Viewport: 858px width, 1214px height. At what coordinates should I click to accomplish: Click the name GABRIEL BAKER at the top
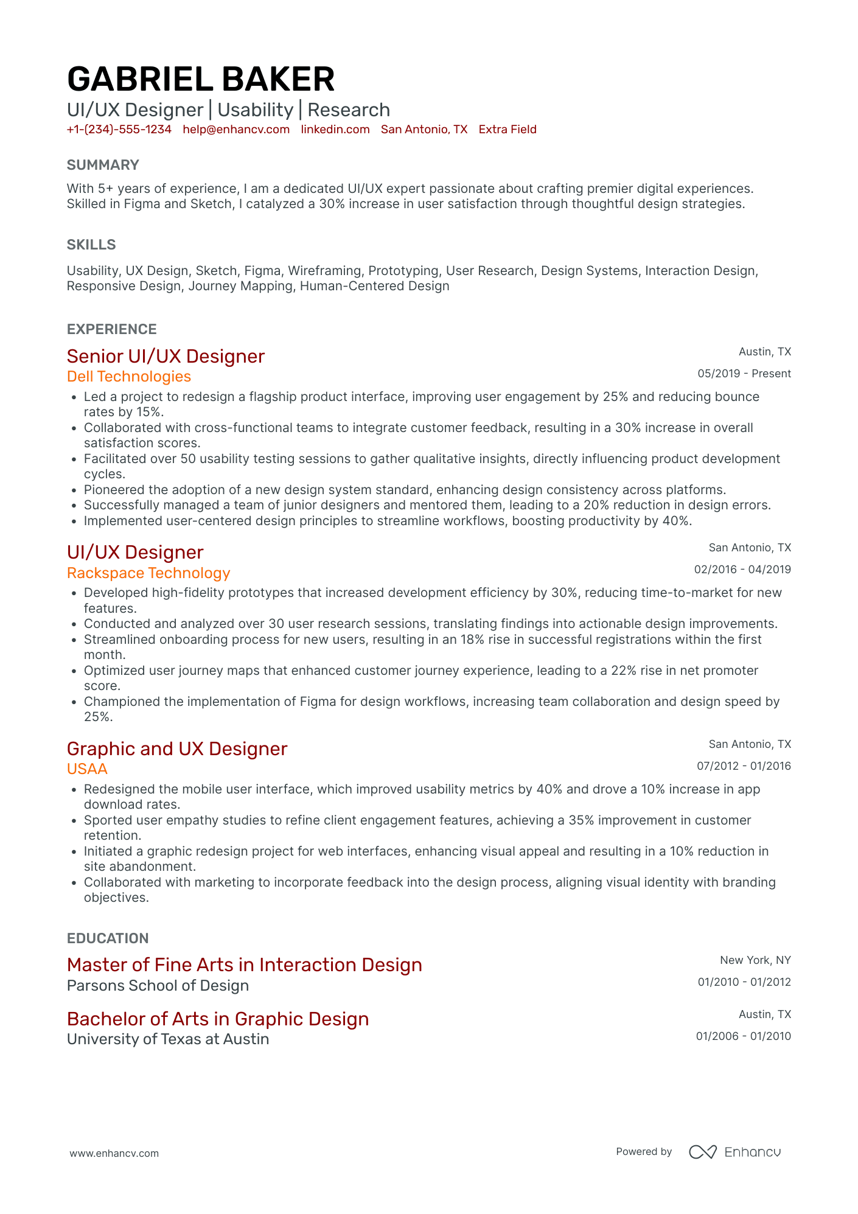[x=201, y=79]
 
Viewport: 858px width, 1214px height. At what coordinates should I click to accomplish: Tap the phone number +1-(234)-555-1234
[x=119, y=129]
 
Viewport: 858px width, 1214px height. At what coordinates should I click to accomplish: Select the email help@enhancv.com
[x=236, y=129]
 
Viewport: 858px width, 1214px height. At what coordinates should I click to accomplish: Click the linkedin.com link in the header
[x=335, y=129]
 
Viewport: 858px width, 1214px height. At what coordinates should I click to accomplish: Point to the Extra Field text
[x=507, y=129]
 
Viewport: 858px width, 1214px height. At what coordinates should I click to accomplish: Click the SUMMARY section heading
[x=103, y=165]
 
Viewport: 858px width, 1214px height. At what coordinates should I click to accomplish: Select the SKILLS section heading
[x=91, y=245]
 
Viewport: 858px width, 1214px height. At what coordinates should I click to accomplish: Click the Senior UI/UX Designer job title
[x=166, y=356]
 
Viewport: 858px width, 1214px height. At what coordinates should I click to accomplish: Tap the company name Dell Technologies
[x=129, y=377]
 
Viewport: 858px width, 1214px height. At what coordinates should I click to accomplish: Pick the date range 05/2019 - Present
[x=744, y=374]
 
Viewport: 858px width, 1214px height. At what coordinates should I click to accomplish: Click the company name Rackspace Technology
[x=148, y=573]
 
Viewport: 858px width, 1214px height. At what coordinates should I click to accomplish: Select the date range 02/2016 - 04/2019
[x=742, y=570]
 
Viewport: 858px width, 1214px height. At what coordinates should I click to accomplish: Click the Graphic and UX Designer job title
[x=176, y=748]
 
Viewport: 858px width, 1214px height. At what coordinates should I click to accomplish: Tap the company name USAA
[x=87, y=769]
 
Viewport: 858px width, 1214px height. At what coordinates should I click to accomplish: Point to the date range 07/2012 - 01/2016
[x=744, y=766]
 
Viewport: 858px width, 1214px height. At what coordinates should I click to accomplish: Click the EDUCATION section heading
[x=108, y=938]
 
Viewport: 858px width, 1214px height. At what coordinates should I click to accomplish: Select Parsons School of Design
[x=158, y=986]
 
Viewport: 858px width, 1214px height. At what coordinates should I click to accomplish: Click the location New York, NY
[x=755, y=960]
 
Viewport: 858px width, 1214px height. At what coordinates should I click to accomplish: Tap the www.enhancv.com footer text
[x=114, y=1153]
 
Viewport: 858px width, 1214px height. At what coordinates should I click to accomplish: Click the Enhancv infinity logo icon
[x=703, y=1152]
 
